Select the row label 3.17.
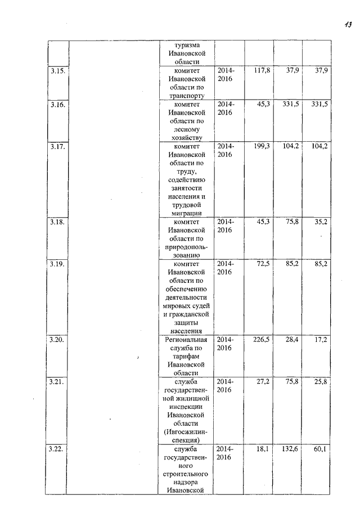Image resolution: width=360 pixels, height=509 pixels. (x=57, y=146)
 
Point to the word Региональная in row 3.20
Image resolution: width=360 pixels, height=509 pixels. (x=187, y=340)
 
